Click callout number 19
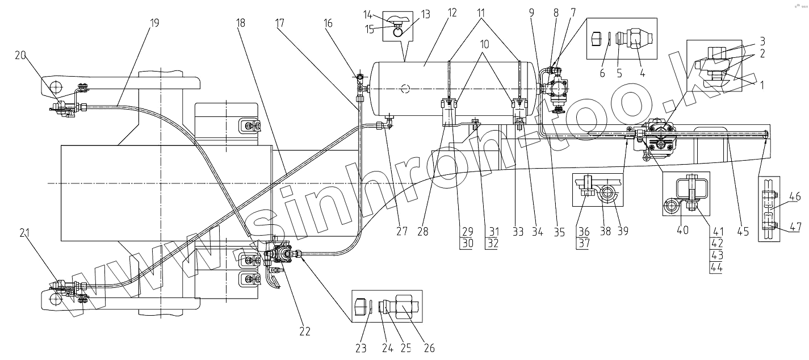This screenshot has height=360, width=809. (154, 23)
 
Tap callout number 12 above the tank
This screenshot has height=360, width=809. (452, 12)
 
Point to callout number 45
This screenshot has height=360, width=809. (743, 231)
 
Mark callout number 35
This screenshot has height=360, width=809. (559, 231)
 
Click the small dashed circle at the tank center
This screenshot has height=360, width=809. (404, 88)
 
